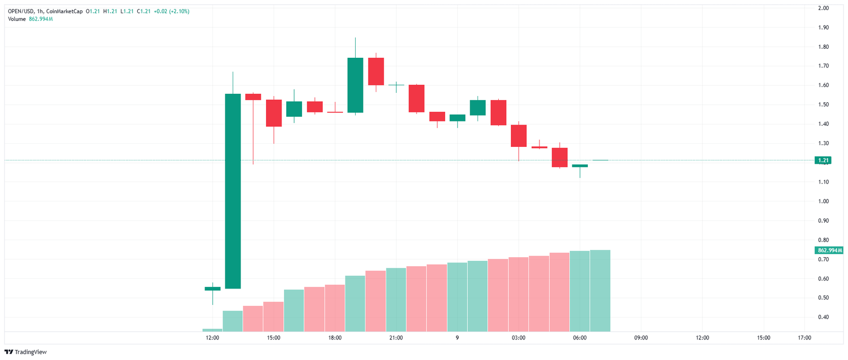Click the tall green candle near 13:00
pyautogui.click(x=233, y=191)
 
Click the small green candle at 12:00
pyautogui.click(x=213, y=288)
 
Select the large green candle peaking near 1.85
pyautogui.click(x=355, y=85)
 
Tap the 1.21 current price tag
pyautogui.click(x=823, y=160)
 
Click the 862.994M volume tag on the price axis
pyautogui.click(x=829, y=250)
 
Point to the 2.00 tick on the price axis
pyautogui.click(x=823, y=8)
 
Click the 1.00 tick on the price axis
pyautogui.click(x=823, y=201)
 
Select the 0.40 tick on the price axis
pyautogui.click(x=823, y=318)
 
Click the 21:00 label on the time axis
pyautogui.click(x=396, y=338)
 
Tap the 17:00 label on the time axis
pyautogui.click(x=804, y=338)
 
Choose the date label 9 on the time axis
pyautogui.click(x=457, y=338)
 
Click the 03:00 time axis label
pyautogui.click(x=518, y=338)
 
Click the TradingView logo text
pyautogui.click(x=30, y=352)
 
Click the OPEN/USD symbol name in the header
pyautogui.click(x=21, y=11)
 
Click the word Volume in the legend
pyautogui.click(x=16, y=19)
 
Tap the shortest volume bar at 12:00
pyautogui.click(x=212, y=330)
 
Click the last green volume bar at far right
pyautogui.click(x=600, y=291)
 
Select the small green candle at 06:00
pyautogui.click(x=580, y=165)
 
